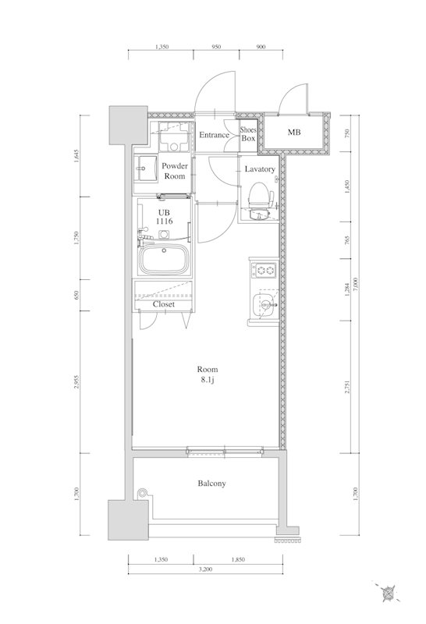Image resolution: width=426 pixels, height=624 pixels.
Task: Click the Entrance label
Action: click(214, 135)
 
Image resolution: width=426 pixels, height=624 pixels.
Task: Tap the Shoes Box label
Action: click(248, 134)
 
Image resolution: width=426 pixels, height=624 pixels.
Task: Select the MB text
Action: click(294, 133)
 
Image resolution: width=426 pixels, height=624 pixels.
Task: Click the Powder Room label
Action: click(173, 172)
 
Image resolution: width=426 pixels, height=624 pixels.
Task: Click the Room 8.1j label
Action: click(207, 374)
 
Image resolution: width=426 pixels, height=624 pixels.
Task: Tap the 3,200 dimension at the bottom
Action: click(206, 570)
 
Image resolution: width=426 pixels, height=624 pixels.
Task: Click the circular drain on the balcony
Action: click(142, 492)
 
